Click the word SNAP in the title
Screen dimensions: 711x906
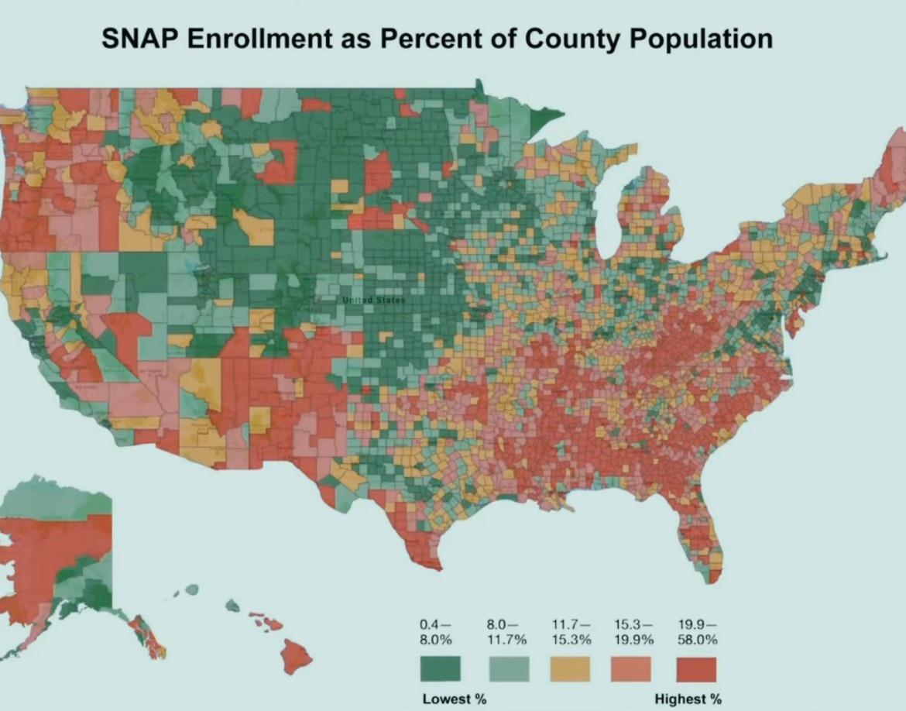point(142,39)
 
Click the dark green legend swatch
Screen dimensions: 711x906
point(440,669)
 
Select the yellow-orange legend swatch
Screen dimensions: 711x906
point(571,669)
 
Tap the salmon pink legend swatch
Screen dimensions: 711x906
point(632,669)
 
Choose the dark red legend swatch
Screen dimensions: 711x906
point(696,669)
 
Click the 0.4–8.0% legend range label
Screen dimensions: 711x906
point(436,632)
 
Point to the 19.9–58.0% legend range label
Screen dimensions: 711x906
point(697,632)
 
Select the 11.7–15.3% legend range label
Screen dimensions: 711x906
point(571,632)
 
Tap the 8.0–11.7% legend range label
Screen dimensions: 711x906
point(506,632)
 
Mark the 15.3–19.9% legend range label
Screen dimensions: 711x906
point(634,632)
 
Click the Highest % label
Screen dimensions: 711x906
point(688,699)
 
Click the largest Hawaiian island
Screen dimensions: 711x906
point(297,657)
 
